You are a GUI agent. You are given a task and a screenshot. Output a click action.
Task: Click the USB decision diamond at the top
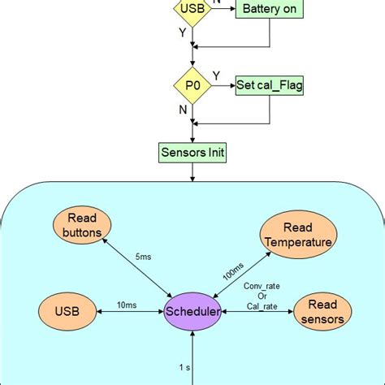(x=192, y=10)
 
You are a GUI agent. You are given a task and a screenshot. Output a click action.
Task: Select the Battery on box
(x=270, y=10)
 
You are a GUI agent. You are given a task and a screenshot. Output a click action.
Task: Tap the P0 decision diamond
(x=192, y=84)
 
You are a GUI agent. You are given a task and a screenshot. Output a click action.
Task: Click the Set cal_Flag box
(x=270, y=84)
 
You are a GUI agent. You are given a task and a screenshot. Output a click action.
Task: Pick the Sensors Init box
(x=192, y=151)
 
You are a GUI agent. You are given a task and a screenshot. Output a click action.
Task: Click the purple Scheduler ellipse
(x=192, y=312)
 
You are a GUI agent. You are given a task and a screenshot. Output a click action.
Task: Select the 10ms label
(x=126, y=305)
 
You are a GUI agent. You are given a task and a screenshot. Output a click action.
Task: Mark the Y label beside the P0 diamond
(x=215, y=76)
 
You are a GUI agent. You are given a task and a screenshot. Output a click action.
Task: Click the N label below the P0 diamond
(x=183, y=108)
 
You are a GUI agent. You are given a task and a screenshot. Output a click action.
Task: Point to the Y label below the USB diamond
(x=183, y=34)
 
